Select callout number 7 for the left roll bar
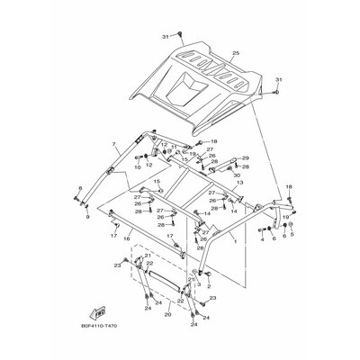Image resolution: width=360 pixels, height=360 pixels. [x=113, y=144]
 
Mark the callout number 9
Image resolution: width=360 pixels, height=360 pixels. [x=87, y=217]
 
